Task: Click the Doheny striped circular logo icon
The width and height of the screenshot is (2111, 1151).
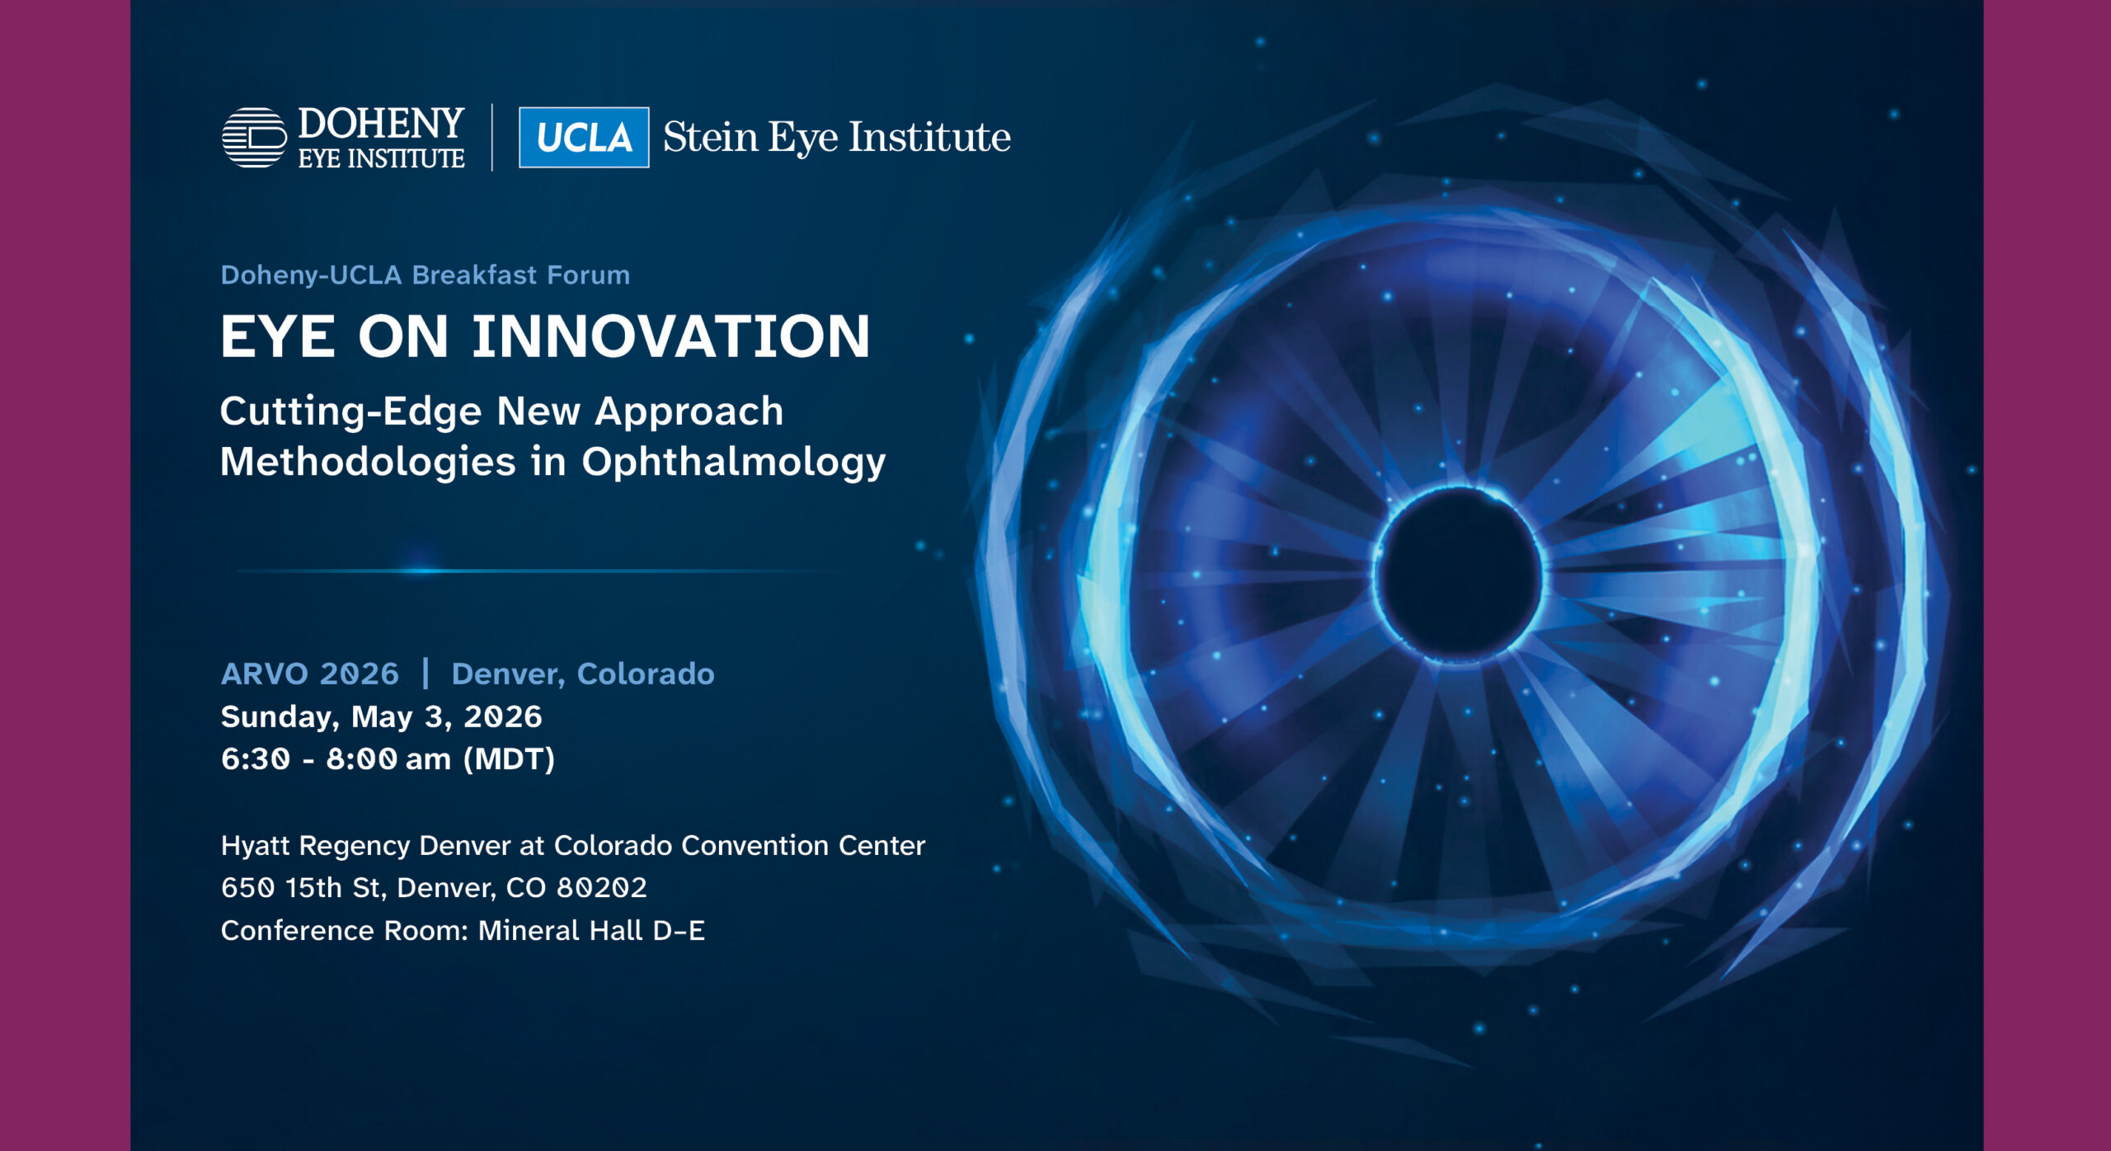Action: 254,138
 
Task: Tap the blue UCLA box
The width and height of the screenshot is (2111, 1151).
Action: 584,138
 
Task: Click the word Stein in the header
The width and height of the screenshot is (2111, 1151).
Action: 710,137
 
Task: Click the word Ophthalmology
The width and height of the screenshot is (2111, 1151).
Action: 733,462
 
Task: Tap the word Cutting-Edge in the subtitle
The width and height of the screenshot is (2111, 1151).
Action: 350,411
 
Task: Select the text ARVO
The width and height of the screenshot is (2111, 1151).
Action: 265,674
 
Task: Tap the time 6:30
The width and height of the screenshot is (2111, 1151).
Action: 256,759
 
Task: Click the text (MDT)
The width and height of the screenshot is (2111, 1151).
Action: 509,759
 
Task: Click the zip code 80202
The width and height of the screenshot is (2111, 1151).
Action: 601,888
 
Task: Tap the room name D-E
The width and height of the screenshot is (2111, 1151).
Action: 679,931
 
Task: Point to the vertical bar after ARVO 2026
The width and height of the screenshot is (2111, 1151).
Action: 425,674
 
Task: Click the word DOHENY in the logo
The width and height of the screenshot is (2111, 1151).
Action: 381,124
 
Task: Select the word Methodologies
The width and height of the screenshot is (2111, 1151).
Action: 368,462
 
